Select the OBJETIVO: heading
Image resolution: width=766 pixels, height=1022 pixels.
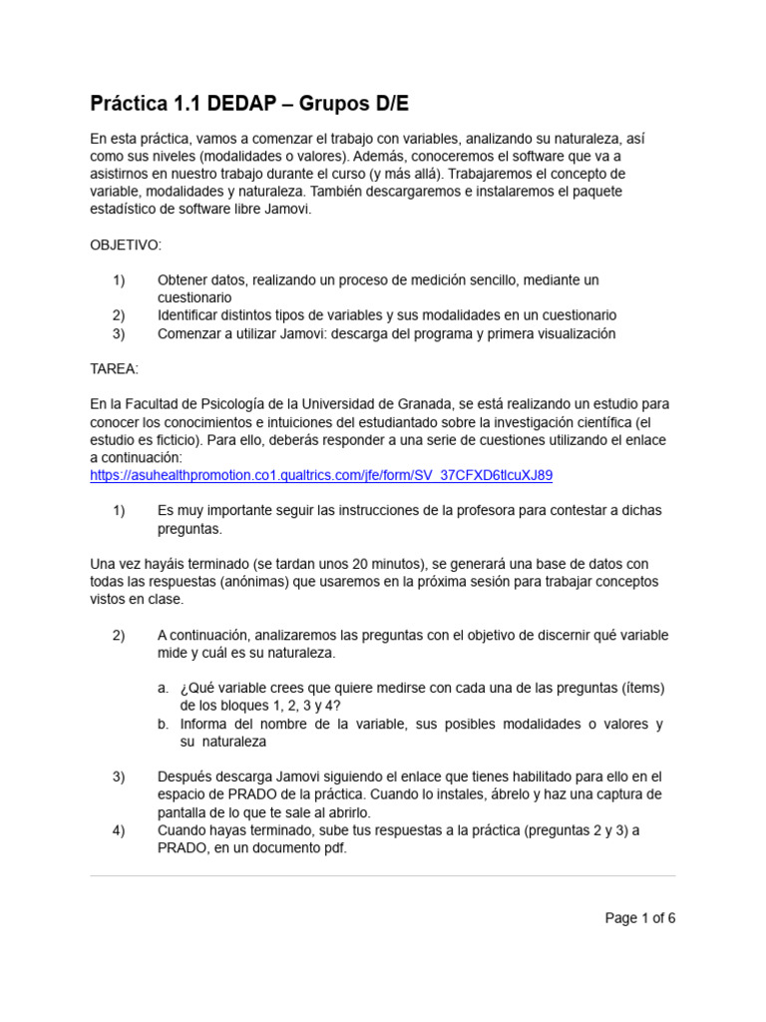pos(126,245)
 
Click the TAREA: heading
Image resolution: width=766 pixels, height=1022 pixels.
pos(115,369)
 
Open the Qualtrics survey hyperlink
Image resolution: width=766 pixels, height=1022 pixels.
pos(320,476)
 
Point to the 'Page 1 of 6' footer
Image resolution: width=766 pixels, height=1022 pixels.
pos(640,919)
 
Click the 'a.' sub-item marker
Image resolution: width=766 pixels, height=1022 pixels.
pos(164,688)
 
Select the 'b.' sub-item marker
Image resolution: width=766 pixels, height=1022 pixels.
pos(164,724)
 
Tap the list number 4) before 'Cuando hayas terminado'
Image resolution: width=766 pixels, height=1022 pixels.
pos(119,829)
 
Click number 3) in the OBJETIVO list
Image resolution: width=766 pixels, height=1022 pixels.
pos(119,333)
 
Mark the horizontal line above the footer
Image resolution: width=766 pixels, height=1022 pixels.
pos(383,876)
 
